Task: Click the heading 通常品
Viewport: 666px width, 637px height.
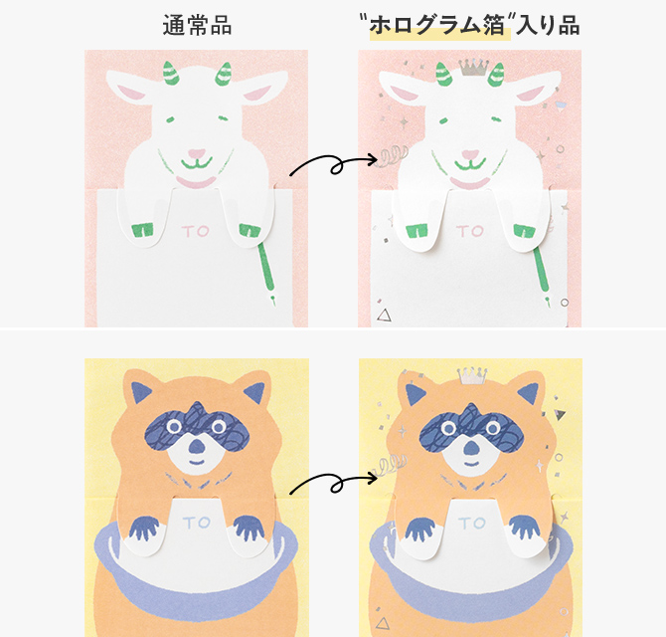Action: coord(197,26)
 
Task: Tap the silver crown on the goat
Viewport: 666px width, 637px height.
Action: coord(473,68)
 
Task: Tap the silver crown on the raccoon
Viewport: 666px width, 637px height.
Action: coord(471,375)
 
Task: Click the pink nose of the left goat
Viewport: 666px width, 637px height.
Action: coord(196,153)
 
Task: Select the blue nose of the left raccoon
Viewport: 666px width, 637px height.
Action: coord(196,446)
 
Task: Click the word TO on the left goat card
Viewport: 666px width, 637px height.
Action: coord(196,231)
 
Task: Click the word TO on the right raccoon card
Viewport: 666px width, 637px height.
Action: coord(471,523)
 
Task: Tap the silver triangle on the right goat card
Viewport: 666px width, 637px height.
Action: coord(384,316)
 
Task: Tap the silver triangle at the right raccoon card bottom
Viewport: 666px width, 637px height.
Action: coord(383,623)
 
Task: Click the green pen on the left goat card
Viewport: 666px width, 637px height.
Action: coord(266,272)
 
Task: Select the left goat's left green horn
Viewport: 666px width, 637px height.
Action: coord(170,73)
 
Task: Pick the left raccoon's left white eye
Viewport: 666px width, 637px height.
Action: coord(173,426)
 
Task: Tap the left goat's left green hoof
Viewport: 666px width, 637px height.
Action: coord(143,231)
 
